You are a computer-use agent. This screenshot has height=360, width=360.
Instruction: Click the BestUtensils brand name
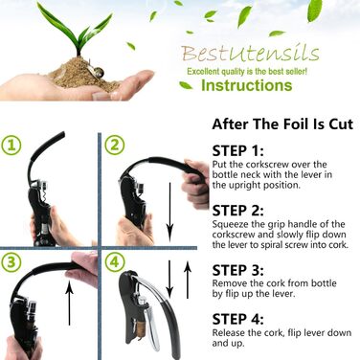click(250, 53)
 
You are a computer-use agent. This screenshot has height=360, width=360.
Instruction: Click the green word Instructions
click(247, 85)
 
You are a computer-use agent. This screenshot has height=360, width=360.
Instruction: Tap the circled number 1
click(11, 146)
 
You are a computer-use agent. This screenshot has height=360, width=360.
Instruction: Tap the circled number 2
click(115, 146)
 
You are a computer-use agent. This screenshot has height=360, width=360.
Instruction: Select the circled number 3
click(11, 262)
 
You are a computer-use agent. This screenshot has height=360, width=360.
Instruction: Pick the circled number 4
click(115, 262)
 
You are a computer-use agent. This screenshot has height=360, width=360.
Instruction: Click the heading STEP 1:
click(238, 151)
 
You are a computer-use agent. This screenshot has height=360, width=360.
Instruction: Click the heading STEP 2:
click(238, 211)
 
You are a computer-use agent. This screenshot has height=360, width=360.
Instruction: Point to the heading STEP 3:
click(238, 270)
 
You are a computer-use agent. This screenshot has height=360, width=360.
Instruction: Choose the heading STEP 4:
click(238, 320)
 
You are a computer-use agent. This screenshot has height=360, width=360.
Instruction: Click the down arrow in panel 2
click(169, 212)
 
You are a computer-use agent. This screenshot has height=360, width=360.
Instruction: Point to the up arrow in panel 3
click(69, 303)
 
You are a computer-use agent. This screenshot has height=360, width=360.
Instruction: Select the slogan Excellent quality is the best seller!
click(247, 71)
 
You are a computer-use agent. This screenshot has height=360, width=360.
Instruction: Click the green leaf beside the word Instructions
click(186, 85)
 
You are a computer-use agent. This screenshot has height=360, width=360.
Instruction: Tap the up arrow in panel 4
click(188, 280)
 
